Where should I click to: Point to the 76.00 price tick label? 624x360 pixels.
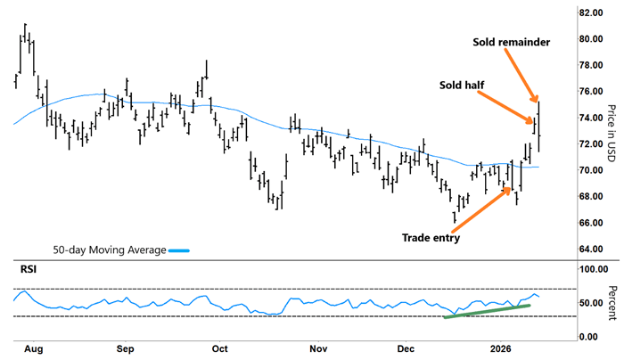click(x=590, y=92)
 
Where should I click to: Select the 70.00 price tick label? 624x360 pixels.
click(x=590, y=170)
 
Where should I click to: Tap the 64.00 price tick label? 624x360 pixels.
click(x=590, y=249)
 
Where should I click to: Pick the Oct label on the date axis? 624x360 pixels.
click(x=219, y=348)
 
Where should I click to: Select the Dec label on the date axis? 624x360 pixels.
click(x=406, y=348)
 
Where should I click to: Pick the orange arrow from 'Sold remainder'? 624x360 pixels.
click(x=525, y=77)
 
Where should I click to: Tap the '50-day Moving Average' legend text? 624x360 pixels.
click(x=109, y=250)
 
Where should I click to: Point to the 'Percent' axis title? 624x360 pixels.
click(x=612, y=303)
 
